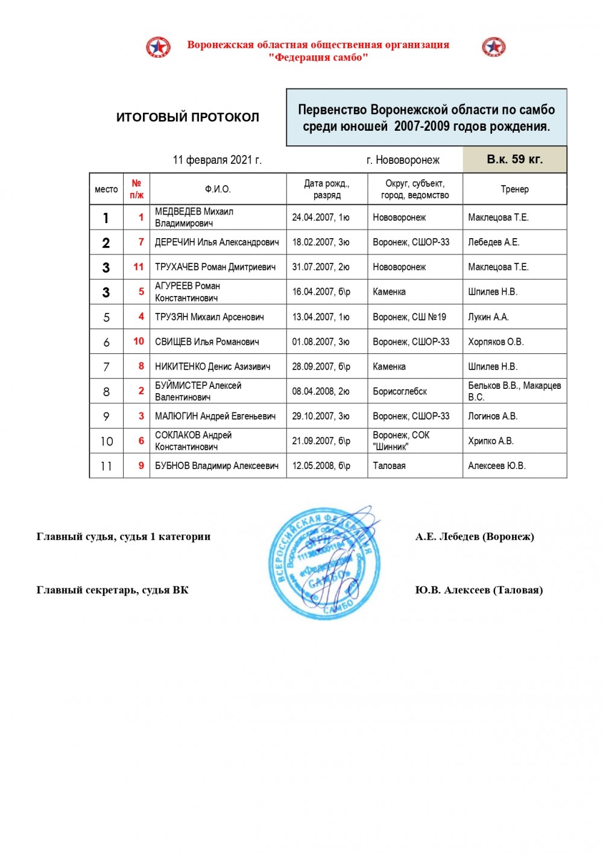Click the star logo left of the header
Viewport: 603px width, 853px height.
(158, 47)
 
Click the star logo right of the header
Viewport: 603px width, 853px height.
(494, 47)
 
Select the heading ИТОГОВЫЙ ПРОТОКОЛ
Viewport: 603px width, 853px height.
(188, 118)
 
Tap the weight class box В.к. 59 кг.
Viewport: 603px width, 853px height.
(514, 160)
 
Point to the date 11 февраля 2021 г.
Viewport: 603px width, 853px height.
(217, 160)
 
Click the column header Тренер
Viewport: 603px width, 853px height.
(514, 189)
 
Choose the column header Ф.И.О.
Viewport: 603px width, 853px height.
(218, 189)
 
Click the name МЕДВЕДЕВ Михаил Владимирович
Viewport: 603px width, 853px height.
(194, 218)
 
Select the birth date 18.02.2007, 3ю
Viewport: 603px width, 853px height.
(321, 242)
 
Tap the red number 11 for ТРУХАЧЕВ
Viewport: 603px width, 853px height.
(139, 267)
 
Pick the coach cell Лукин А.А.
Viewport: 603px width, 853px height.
(488, 317)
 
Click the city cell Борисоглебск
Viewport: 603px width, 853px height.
(400, 391)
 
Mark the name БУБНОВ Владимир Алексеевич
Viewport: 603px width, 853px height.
(216, 466)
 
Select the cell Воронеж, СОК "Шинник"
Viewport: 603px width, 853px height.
(401, 441)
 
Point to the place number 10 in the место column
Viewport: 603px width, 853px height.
(107, 441)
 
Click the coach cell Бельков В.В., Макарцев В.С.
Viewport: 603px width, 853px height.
(514, 391)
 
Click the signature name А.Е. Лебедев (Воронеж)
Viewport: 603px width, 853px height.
(475, 537)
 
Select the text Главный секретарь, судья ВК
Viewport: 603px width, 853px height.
(113, 590)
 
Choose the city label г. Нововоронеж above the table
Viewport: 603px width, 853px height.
(403, 160)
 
